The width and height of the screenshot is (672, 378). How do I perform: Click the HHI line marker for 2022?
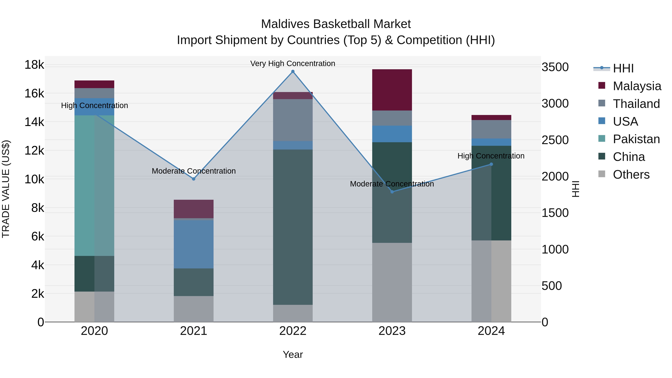(293, 71)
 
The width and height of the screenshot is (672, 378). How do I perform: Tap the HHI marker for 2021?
(194, 179)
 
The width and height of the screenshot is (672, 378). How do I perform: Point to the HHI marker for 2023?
(392, 192)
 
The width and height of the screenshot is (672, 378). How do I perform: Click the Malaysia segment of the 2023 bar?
(392, 90)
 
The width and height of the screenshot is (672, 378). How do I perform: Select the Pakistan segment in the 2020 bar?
(94, 185)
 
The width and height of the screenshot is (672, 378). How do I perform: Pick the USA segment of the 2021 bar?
(194, 244)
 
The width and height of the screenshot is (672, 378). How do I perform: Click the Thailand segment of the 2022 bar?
(293, 120)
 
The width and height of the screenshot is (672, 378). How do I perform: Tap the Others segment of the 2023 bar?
(392, 282)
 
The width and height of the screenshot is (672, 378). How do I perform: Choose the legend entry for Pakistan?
(636, 139)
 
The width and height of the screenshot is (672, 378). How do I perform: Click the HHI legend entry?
(623, 68)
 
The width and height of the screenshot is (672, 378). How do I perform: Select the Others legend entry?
(631, 175)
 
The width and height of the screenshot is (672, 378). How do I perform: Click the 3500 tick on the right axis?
(555, 67)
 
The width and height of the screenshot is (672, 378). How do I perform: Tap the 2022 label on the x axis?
(293, 331)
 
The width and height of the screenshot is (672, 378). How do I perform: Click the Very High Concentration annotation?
(293, 63)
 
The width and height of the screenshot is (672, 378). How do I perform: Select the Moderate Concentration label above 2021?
(194, 171)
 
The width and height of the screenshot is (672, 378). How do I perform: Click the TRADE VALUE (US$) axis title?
(6, 189)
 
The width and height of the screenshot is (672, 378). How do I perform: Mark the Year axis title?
(293, 354)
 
